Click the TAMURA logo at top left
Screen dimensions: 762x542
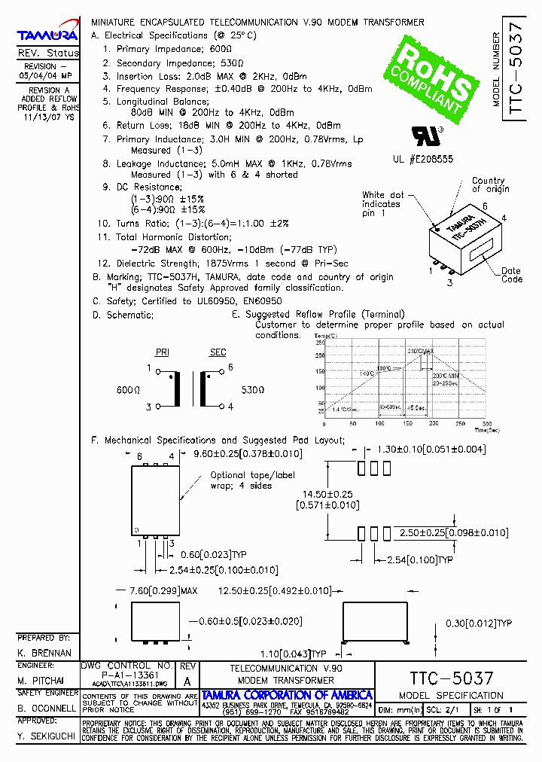47,35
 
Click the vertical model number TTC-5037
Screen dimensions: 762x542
515,68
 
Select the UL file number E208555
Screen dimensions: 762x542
422,160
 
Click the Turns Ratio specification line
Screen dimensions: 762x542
193,224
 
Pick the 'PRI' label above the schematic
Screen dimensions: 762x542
162,352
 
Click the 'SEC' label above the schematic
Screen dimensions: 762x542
218,352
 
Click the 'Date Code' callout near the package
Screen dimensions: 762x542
511,275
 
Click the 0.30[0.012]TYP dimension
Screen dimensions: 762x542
479,623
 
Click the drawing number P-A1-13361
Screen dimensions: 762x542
126,675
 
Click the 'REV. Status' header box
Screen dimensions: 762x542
47,53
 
